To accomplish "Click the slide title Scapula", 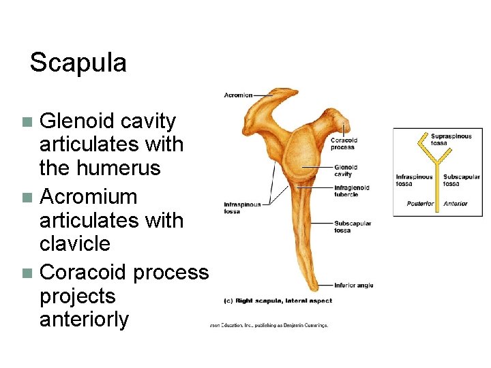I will click(78, 63).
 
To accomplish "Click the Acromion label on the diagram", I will click(238, 95).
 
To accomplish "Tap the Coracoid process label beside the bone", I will click(344, 144).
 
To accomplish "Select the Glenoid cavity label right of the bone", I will click(346, 170).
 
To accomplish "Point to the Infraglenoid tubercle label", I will click(352, 191).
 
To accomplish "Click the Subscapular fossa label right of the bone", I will click(353, 226).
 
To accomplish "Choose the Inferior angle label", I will click(354, 285).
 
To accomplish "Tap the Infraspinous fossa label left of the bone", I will click(242, 208).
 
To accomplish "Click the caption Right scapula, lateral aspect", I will click(279, 301).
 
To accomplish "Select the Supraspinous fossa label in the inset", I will click(451, 139).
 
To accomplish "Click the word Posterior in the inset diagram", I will click(420, 203).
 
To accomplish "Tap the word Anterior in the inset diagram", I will click(456, 203).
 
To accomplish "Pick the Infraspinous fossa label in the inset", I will click(414, 181).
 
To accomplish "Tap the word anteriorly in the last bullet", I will click(84, 320).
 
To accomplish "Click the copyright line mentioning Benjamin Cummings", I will click(269, 325).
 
